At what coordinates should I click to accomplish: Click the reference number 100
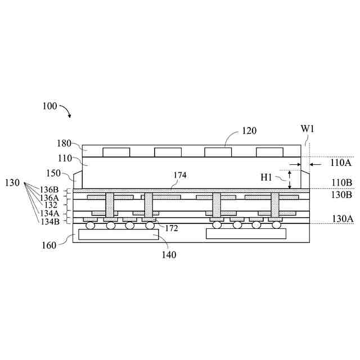pos(49,106)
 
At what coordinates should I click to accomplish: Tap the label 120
pos(249,131)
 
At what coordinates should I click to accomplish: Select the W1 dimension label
pos(307,129)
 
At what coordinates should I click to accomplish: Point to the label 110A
pos(341,163)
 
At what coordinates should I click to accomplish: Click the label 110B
pos(341,183)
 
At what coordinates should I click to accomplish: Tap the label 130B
pos(341,194)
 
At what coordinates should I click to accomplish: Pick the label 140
pos(169,255)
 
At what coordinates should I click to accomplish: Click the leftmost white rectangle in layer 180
pos(116,152)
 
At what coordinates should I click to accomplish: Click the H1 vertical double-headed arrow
pos(290,179)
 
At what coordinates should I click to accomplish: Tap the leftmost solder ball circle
pos(91,226)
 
